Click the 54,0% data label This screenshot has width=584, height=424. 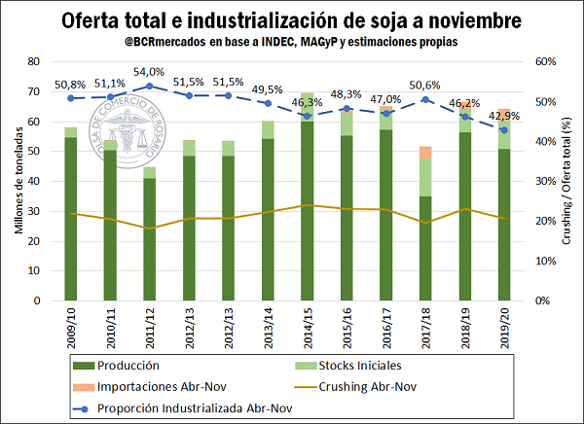[149, 73]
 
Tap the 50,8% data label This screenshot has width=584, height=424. [71, 85]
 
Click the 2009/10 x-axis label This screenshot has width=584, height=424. [71, 328]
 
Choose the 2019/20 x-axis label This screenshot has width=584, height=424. [504, 328]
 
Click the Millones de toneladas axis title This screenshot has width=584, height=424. [17, 181]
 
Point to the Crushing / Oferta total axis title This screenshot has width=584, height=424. [567, 181]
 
